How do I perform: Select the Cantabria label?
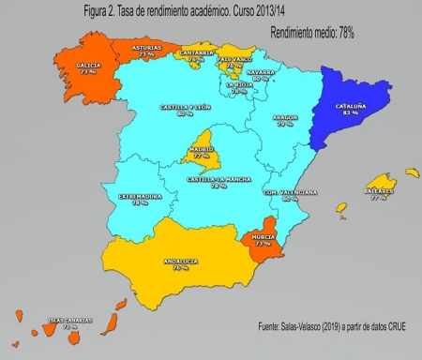[x=194, y=52]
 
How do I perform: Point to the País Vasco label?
[x=234, y=59]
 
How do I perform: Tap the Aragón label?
[x=285, y=118]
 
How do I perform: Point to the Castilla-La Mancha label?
[x=218, y=178]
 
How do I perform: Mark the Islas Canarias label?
[x=70, y=321]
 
